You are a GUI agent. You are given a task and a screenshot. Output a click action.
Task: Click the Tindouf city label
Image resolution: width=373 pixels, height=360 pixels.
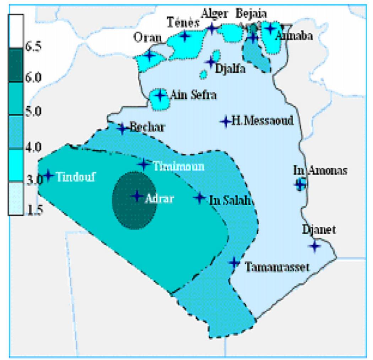76,177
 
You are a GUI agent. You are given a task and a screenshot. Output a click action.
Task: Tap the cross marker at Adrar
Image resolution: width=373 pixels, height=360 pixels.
137,196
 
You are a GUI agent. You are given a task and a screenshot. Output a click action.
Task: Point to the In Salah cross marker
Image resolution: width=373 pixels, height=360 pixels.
200,197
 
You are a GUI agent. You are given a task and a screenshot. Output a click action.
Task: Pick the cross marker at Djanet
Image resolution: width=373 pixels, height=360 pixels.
314,246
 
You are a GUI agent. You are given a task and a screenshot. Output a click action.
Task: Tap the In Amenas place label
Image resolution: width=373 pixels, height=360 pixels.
320,171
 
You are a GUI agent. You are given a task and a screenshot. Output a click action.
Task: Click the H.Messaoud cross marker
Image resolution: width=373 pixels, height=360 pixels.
225,122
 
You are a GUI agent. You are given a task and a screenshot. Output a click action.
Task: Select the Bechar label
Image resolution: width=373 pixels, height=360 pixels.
147,127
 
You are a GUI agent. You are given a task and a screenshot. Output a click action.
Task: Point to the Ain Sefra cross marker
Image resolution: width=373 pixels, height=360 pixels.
160,95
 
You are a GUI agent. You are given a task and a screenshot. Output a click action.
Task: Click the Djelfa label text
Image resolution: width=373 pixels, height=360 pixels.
231,69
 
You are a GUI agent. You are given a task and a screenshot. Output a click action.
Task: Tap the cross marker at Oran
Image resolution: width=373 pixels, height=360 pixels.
149,55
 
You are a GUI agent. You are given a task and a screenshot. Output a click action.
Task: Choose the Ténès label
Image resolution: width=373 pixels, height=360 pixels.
183,23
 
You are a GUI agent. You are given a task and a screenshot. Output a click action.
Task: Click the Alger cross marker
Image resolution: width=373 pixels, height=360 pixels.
212,28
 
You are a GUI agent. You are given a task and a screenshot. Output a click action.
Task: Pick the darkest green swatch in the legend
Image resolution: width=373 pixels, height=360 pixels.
16,65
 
